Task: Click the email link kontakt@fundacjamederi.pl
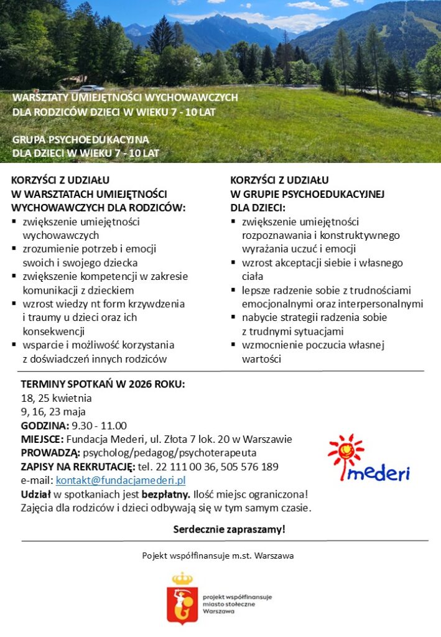[x=121, y=480]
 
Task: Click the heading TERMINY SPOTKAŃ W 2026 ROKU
[x=103, y=384]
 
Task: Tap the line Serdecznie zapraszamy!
[x=229, y=529]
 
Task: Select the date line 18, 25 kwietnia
[x=57, y=398]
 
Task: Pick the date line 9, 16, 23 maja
[x=53, y=412]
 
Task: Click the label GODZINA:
[x=45, y=425]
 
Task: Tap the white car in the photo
[x=91, y=88]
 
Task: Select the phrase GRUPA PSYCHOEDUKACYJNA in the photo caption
[x=81, y=139]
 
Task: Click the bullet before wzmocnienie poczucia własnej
[x=233, y=344]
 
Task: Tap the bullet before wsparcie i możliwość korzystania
[x=14, y=344]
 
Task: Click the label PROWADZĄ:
[x=50, y=453]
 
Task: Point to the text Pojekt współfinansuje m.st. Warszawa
[x=218, y=555]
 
